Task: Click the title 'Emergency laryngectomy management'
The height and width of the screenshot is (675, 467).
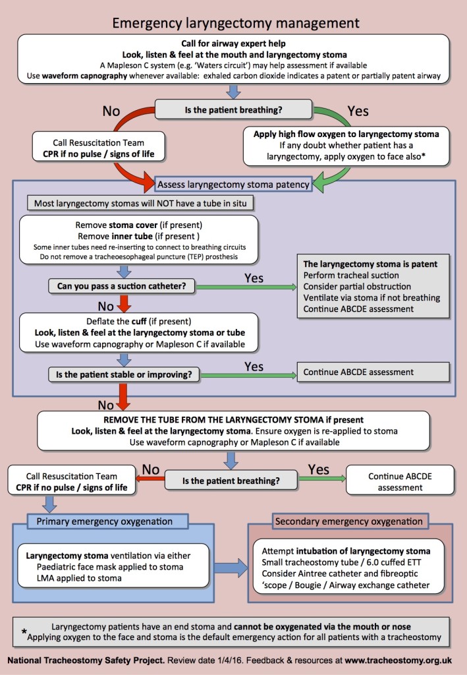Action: click(x=236, y=23)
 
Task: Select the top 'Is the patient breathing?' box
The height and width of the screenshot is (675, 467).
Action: click(x=233, y=110)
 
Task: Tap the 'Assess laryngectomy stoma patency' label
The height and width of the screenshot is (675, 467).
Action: click(x=233, y=185)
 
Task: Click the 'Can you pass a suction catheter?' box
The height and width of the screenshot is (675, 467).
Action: click(x=122, y=286)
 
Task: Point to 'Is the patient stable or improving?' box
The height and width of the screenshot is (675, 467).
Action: click(x=124, y=374)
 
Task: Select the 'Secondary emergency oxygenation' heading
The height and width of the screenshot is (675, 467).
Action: click(x=349, y=521)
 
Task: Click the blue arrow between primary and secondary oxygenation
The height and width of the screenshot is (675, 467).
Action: click(x=231, y=568)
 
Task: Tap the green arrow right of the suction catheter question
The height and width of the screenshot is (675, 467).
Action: click(x=246, y=287)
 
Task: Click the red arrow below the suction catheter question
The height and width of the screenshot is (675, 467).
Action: click(x=124, y=303)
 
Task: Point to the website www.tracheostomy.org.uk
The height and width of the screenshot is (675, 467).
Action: click(x=398, y=660)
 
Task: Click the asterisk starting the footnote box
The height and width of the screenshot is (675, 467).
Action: click(x=24, y=631)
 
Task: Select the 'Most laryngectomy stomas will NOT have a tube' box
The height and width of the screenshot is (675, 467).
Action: click(x=140, y=203)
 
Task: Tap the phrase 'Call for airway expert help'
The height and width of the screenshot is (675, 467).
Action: click(x=233, y=44)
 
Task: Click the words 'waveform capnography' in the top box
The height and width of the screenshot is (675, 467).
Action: click(x=84, y=76)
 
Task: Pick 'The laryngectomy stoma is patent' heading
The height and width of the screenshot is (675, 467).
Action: click(x=370, y=264)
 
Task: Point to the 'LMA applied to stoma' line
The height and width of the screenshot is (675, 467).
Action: click(x=79, y=578)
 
